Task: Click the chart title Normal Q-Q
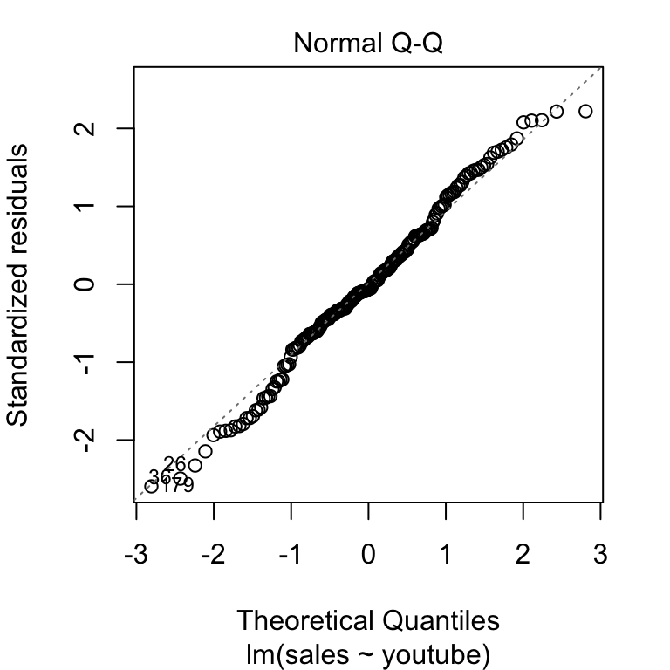368,43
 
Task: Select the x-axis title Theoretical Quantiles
368,620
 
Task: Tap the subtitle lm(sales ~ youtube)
368,652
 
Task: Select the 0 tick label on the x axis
369,554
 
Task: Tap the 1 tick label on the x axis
447,554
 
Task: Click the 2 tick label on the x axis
523,554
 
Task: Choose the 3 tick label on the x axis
601,554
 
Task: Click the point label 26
174,464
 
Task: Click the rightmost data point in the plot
585,111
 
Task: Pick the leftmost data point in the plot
151,486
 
